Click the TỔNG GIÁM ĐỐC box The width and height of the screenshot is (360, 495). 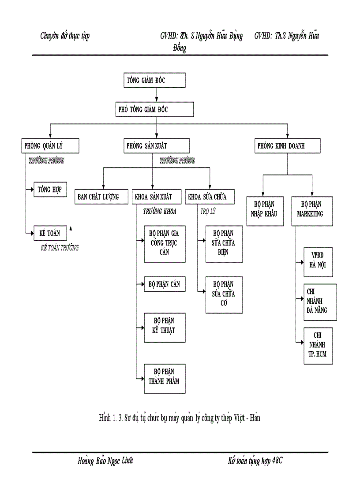[154, 81]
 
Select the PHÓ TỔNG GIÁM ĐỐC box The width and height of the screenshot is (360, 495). [154, 109]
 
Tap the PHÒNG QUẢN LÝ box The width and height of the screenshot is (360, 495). [50, 146]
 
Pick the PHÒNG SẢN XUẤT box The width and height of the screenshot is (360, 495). [156, 146]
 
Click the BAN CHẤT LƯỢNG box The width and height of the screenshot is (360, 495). [101, 197]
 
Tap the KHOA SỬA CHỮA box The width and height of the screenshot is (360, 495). [209, 197]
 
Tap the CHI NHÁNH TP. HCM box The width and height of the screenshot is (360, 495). [318, 346]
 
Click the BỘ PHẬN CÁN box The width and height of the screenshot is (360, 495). [165, 284]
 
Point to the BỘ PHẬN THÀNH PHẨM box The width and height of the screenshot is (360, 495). [165, 378]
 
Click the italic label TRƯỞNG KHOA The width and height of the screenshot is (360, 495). [159, 212]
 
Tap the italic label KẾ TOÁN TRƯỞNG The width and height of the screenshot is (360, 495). [60, 248]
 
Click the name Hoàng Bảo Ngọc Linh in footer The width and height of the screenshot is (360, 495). [105, 462]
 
